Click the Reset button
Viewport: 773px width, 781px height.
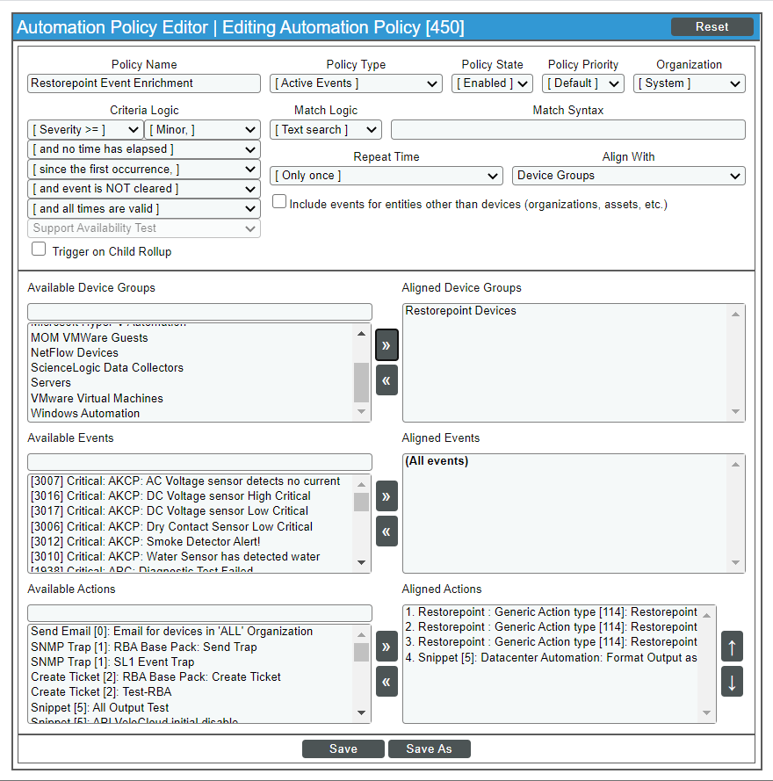tap(712, 26)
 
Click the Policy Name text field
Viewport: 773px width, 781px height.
tap(144, 83)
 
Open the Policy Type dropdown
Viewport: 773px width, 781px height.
tap(356, 83)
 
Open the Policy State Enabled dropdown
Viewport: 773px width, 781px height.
tap(493, 83)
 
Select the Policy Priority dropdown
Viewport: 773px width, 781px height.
tap(582, 83)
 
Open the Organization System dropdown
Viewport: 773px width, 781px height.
tap(689, 83)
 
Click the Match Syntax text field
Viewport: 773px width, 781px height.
tap(567, 130)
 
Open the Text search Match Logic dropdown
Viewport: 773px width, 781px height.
tap(325, 130)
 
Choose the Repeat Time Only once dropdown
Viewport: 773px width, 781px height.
tap(386, 176)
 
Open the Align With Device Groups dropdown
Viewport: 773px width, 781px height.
tap(628, 176)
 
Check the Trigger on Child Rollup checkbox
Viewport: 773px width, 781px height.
tap(39, 249)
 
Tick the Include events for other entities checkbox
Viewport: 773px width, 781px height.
tap(279, 202)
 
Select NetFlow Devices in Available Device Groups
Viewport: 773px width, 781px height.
tap(75, 352)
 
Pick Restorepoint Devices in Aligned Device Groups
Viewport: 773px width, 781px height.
tap(460, 311)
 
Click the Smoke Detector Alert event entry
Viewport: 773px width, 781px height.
tap(146, 541)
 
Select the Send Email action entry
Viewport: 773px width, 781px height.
tap(171, 632)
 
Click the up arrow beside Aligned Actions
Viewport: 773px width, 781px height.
tap(732, 647)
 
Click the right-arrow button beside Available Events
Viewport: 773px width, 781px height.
tap(386, 496)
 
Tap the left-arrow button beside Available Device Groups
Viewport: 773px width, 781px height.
tap(386, 380)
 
